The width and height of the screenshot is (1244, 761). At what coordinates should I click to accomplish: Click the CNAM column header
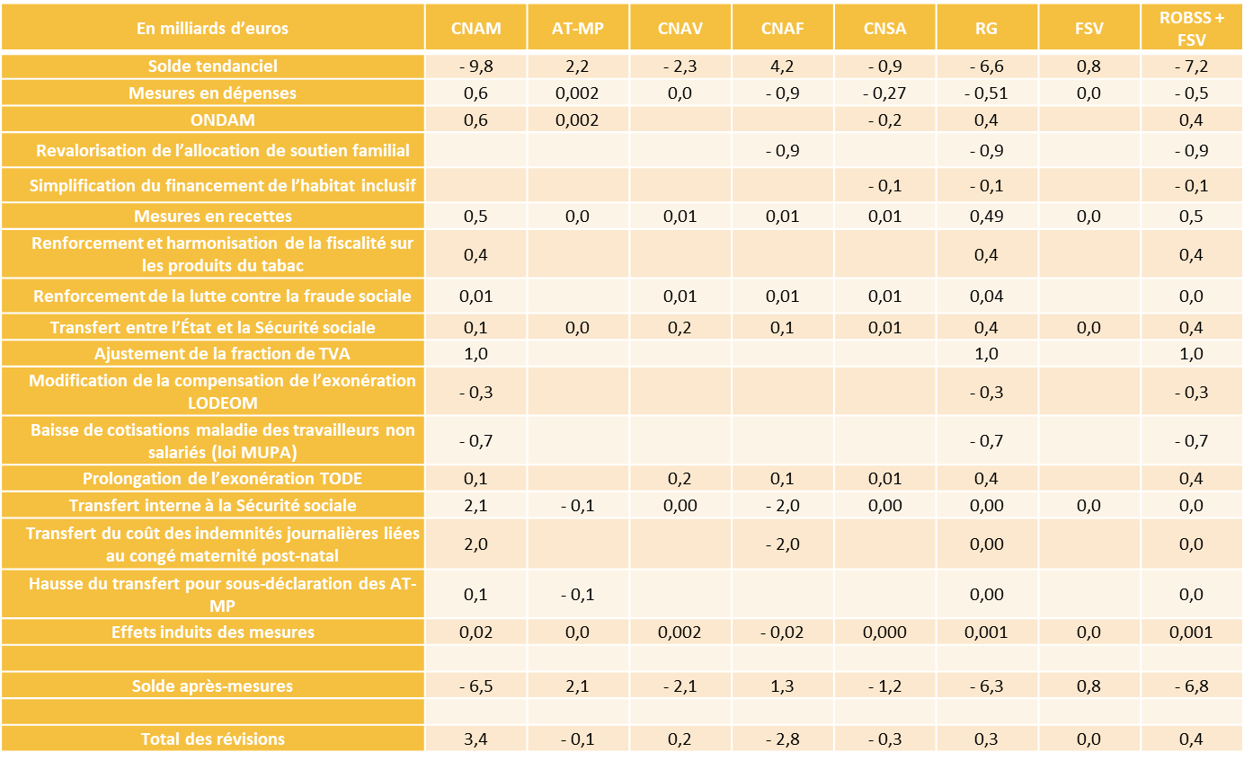tap(475, 28)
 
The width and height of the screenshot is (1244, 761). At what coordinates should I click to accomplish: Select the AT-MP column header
tap(578, 28)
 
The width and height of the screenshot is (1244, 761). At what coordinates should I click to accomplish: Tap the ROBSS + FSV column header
tap(1192, 28)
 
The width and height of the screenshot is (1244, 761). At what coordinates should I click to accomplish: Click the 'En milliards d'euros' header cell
tap(213, 28)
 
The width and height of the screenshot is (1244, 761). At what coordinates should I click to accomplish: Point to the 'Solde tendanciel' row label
tap(213, 66)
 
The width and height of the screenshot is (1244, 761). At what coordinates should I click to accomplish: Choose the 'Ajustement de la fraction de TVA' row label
tap(213, 354)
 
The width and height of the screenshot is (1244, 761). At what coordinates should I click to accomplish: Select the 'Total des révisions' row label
tap(213, 739)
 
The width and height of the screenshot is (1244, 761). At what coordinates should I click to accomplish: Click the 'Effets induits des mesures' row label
tap(213, 633)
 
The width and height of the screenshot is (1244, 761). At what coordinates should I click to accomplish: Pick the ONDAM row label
tap(213, 120)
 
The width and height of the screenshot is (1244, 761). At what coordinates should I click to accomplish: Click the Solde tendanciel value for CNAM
tap(475, 66)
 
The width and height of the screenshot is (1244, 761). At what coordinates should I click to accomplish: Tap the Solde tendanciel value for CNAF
tap(782, 66)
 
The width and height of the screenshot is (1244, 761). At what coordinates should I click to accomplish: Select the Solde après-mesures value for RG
tap(986, 686)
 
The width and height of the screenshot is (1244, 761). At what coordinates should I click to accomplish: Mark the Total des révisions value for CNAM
tap(475, 739)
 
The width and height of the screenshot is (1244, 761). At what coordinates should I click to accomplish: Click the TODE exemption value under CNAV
tap(680, 479)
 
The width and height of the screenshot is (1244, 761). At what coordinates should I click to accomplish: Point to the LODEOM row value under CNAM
tap(475, 393)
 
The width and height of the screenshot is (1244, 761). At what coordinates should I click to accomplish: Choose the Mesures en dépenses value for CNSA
tap(884, 93)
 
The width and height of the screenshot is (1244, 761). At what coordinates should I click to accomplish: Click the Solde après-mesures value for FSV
tap(1088, 686)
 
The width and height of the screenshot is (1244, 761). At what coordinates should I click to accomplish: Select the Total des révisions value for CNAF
tap(782, 739)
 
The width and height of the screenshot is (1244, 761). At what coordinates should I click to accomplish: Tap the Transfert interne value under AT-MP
tap(578, 506)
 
